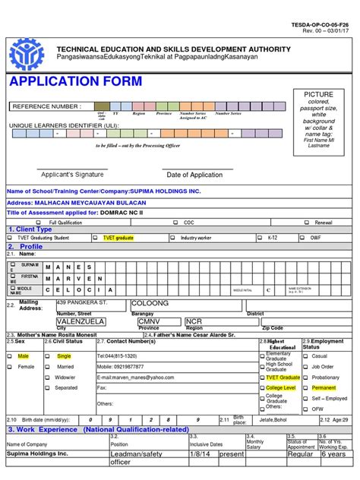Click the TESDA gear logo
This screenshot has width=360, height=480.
click(31, 55)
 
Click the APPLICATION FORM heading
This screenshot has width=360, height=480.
click(64, 82)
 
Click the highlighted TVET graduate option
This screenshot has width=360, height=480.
click(118, 238)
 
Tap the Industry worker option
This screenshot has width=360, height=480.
click(200, 238)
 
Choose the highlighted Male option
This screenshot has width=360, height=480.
click(23, 355)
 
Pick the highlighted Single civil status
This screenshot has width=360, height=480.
click(64, 355)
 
